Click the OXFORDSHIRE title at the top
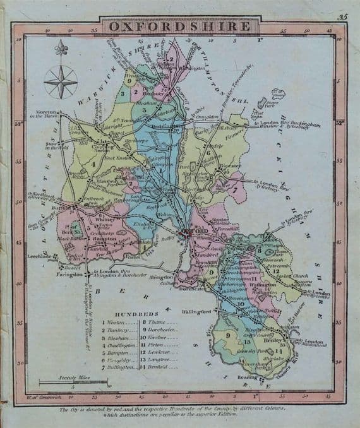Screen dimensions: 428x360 click(x=179, y=26)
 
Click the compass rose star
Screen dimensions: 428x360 click(x=61, y=81)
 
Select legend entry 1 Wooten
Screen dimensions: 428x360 click(x=118, y=321)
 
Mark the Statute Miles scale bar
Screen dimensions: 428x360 click(x=72, y=381)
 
